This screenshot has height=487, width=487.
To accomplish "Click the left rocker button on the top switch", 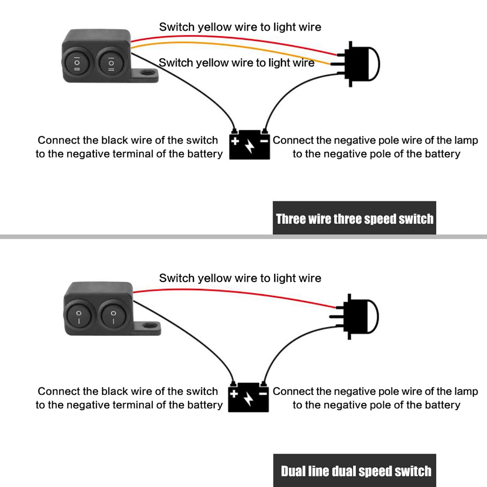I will pyautogui.click(x=77, y=63).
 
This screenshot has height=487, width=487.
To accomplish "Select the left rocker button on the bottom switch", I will pyautogui.click(x=79, y=317).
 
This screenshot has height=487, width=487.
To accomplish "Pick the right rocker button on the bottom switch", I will pyautogui.click(x=113, y=317).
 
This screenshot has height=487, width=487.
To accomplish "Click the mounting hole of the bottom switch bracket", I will pyautogui.click(x=150, y=327).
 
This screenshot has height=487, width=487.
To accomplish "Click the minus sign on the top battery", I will pyautogui.click(x=264, y=141).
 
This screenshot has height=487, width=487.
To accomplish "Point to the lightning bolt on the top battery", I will pyautogui.click(x=250, y=146).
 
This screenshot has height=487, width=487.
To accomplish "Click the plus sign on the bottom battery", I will pyautogui.click(x=234, y=394).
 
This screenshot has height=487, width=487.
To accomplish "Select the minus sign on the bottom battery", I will pyautogui.click(x=263, y=394).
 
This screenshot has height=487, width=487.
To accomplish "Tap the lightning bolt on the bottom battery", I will pyautogui.click(x=249, y=399).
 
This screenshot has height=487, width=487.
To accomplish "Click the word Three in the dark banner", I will pyautogui.click(x=291, y=219).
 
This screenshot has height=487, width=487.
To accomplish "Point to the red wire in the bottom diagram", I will pyautogui.click(x=237, y=293).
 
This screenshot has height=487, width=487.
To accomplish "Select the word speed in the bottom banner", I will pyautogui.click(x=376, y=471).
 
